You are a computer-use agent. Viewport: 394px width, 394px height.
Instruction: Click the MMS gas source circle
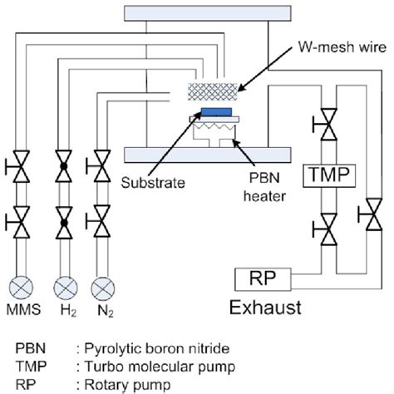point(22,288)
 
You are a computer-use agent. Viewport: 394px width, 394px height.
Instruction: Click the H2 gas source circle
point(62,288)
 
